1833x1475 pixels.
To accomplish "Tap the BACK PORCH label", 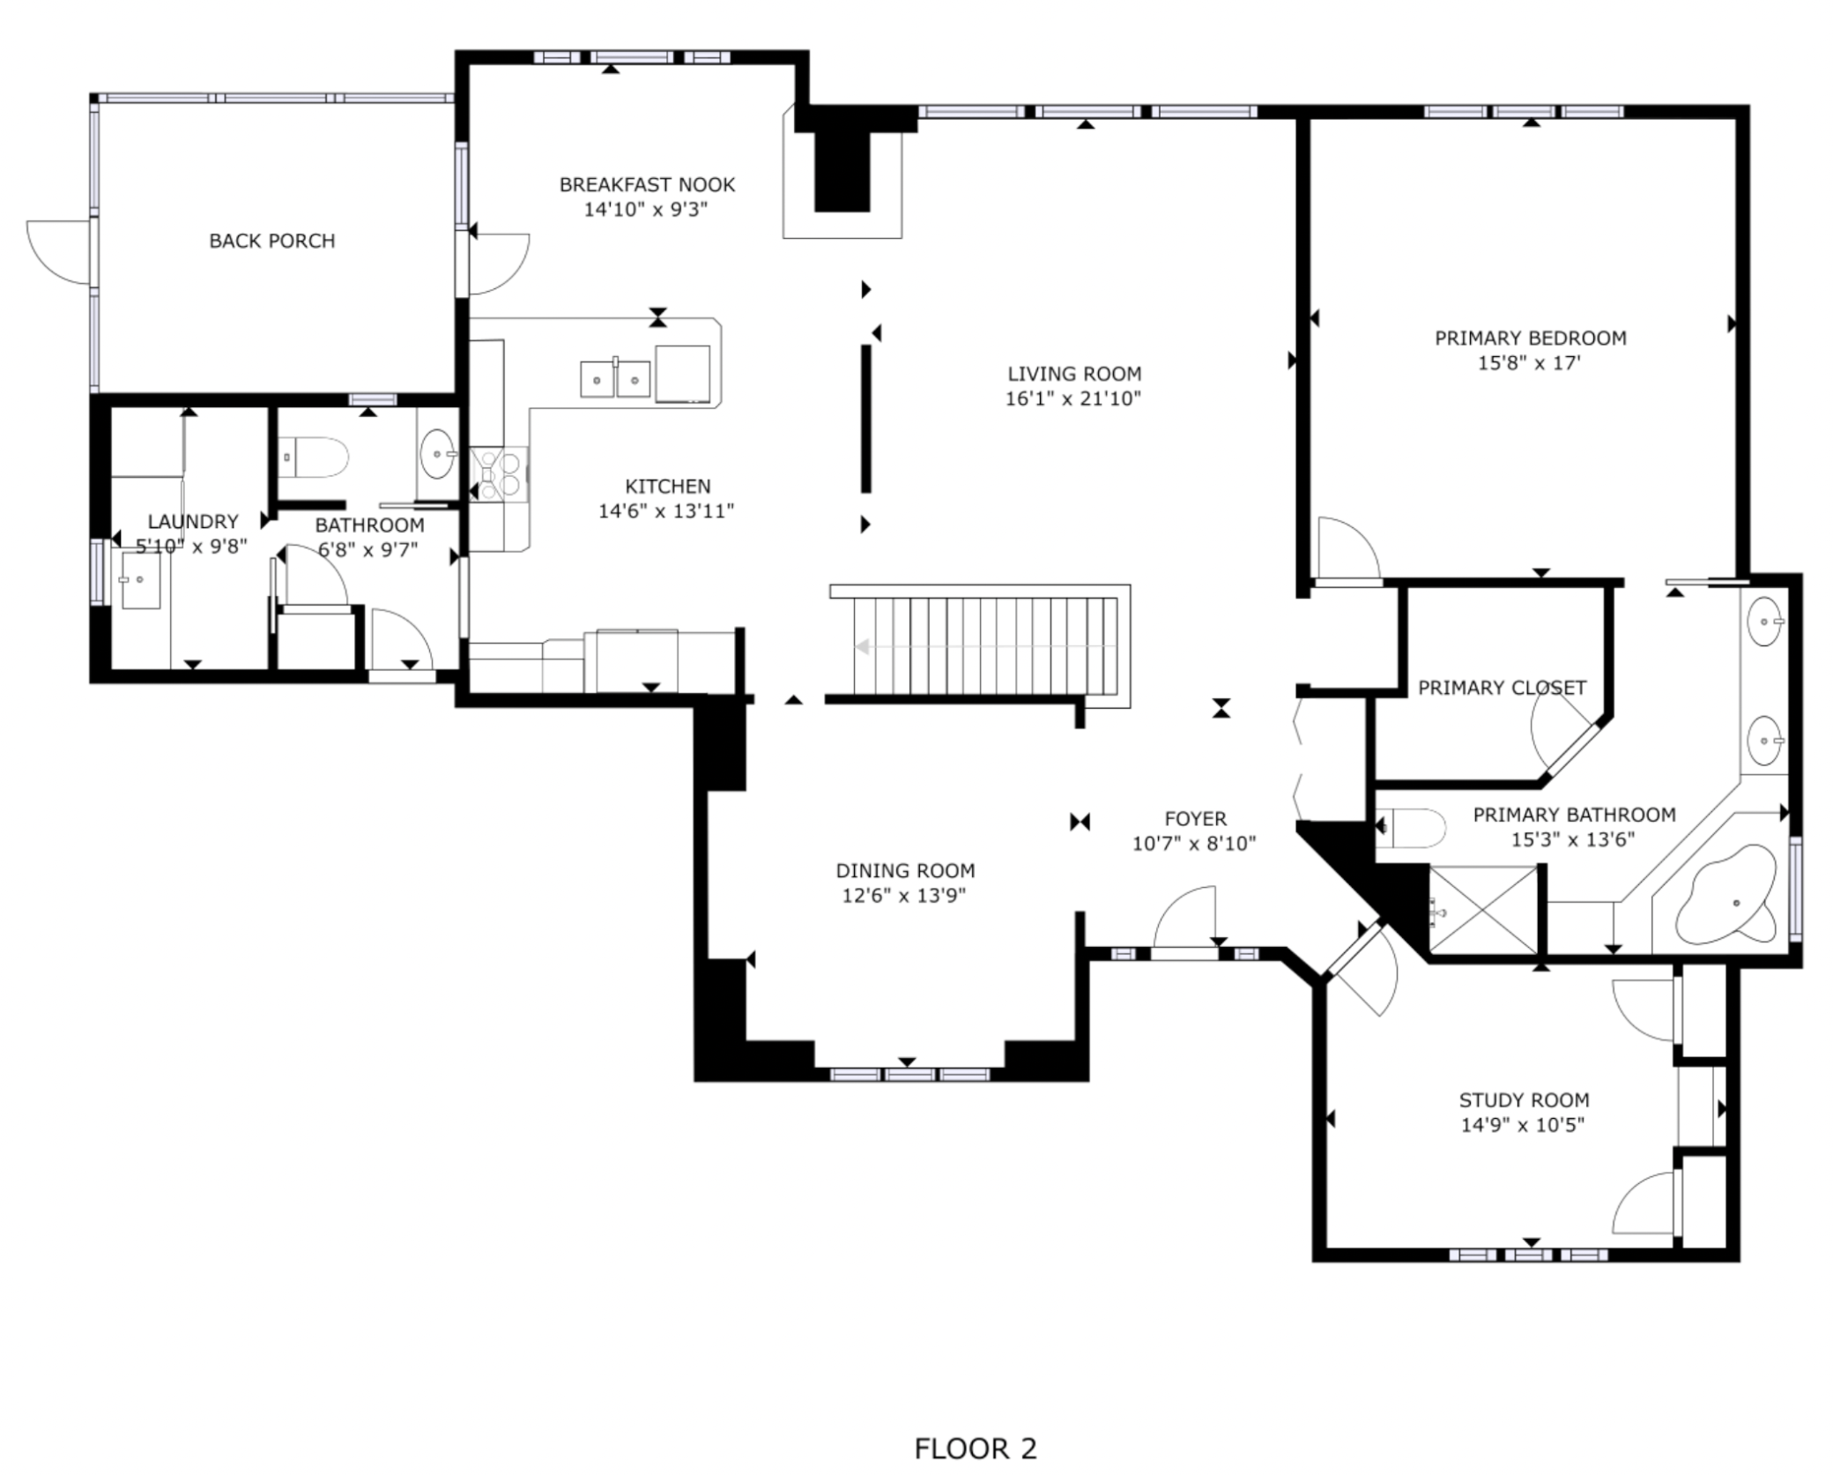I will point(271,241).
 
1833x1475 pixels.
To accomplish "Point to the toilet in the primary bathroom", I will point(1413,828).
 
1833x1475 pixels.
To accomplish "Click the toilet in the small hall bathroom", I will point(315,457).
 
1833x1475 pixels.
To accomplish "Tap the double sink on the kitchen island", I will point(615,379).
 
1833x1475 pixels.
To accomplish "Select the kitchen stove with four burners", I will point(499,473).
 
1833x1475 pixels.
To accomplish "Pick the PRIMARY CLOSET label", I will point(1501,688).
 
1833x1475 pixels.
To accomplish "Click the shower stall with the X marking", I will point(1482,910).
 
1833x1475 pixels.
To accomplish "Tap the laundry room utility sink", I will point(140,580).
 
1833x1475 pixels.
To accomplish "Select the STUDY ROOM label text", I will point(1523,1100).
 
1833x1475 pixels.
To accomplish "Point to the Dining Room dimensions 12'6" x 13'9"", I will point(904,896).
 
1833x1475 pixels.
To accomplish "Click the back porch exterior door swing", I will point(58,252).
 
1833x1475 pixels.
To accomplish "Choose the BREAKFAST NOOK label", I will point(647,185).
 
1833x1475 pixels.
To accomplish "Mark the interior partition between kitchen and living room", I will point(866,419).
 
